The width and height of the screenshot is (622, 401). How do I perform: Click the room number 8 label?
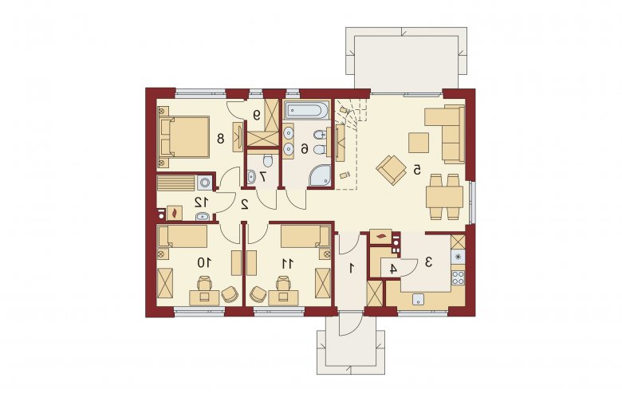[221, 139]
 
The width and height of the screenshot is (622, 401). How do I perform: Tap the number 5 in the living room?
[417, 170]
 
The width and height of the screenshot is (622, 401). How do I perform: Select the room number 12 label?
[201, 202]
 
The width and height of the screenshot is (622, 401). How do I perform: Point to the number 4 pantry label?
[392, 269]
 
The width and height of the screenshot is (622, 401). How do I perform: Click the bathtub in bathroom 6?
[307, 110]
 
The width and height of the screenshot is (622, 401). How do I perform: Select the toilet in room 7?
[268, 160]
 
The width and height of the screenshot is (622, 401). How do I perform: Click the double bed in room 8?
[185, 137]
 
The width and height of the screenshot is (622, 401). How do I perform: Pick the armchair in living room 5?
[392, 170]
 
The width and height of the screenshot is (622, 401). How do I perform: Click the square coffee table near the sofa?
[419, 143]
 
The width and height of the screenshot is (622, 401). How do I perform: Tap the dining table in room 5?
[445, 197]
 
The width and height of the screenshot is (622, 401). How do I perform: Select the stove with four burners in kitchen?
[458, 277]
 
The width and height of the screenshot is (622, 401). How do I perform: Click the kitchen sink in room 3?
[418, 299]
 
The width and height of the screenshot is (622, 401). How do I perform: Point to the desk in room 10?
[204, 297]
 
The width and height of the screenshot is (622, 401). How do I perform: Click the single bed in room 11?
[305, 237]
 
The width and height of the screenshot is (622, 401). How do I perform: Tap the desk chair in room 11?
[282, 284]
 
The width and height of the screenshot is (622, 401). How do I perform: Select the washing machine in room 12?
[205, 183]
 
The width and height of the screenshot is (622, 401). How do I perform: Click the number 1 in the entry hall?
[351, 269]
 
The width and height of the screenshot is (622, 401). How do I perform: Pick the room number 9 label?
[257, 115]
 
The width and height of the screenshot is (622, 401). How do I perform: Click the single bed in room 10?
[183, 237]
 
